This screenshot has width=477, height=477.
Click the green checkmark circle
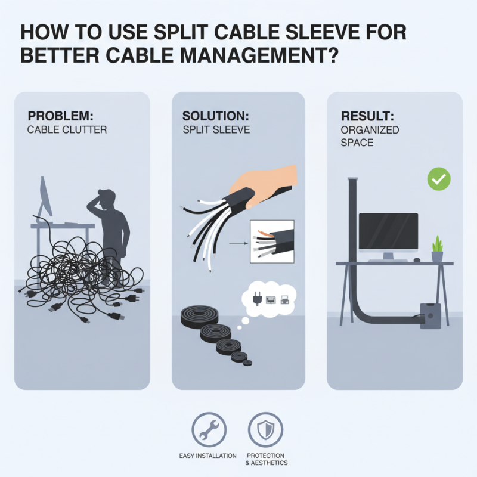tap(439, 179)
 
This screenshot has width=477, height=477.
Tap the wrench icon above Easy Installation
tap(209, 429)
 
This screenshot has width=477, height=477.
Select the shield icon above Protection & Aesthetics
tap(266, 429)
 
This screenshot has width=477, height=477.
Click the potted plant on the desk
tap(437, 249)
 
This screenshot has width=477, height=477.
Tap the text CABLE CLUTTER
tap(67, 129)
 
